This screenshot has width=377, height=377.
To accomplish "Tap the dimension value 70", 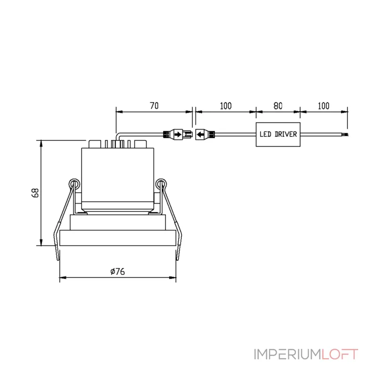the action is pyautogui.click(x=155, y=106).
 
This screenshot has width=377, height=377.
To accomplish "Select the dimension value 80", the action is pyautogui.click(x=278, y=106).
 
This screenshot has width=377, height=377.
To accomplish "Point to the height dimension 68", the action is pyautogui.click(x=35, y=193).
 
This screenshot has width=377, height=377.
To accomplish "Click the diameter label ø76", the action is pyautogui.click(x=117, y=271).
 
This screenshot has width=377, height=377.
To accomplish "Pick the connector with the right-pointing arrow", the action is pyautogui.click(x=178, y=134).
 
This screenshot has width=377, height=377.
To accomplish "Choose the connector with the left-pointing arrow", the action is pyautogui.click(x=205, y=134).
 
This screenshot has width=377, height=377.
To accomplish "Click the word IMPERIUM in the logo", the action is pyautogui.click(x=287, y=355).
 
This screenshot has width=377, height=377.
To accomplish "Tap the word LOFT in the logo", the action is pyautogui.click(x=340, y=355).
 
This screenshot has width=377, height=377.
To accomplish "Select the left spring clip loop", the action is pyautogui.click(x=74, y=184).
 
